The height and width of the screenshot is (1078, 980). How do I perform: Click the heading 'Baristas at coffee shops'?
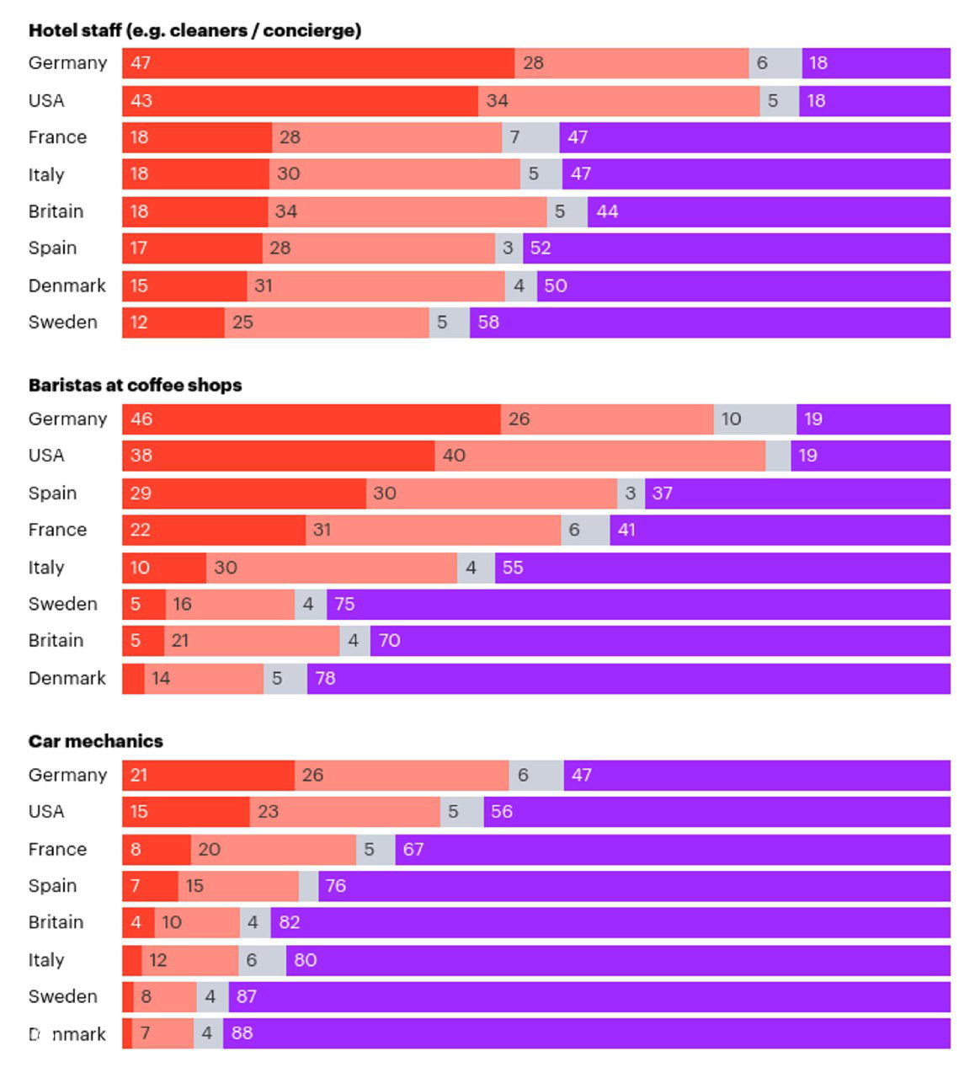pos(135,385)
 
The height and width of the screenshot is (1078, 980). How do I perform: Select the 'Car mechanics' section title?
pos(95,741)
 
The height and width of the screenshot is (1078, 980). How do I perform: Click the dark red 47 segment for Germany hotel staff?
pos(318,63)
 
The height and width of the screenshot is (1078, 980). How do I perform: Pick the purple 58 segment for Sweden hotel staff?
pos(710,323)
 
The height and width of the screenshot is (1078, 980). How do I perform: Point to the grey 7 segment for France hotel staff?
pos(530,137)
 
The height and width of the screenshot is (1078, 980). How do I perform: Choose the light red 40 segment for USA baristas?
pos(600,456)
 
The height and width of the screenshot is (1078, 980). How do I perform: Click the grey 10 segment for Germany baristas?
pos(755,419)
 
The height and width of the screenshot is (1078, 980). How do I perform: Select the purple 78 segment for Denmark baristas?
pos(628,679)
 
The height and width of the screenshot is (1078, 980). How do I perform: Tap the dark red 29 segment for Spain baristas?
pos(244,494)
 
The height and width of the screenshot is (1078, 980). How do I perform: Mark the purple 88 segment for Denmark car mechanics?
pos(586,1033)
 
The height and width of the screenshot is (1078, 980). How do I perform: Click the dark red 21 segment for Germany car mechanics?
pos(208,776)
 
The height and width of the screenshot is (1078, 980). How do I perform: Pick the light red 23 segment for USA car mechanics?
pos(345,812)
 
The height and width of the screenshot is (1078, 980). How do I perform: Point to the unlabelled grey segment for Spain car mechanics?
pos(308,886)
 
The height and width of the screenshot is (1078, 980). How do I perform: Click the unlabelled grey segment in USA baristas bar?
pos(778,456)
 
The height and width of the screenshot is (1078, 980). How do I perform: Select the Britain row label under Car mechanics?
pos(56,922)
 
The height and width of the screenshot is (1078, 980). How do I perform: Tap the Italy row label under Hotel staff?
pos(46,174)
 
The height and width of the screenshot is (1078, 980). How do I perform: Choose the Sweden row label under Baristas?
pos(62,604)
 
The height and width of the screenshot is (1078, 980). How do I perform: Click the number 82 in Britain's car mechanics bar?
pos(290,922)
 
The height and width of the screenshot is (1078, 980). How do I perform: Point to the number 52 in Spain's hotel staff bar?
pos(541,248)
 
